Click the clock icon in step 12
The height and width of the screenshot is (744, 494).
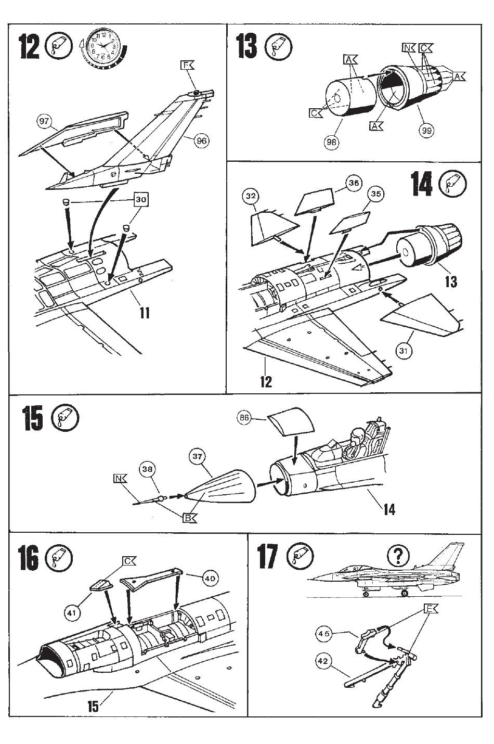click(104, 48)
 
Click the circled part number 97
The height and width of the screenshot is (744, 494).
click(44, 122)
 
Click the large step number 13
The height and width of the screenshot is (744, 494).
click(246, 47)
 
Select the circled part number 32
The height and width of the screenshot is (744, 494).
click(251, 197)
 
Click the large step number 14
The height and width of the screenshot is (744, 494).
click(422, 184)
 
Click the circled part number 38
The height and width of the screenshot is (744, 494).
click(148, 468)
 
